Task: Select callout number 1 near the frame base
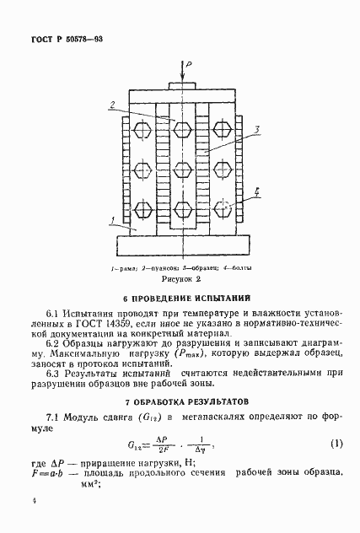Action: click(110, 222)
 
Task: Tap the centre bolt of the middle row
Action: click(180, 167)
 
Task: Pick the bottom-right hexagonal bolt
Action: click(223, 207)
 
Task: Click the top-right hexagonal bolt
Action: click(223, 128)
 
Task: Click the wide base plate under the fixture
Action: click(180, 247)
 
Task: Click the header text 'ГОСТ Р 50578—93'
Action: click(67, 39)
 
